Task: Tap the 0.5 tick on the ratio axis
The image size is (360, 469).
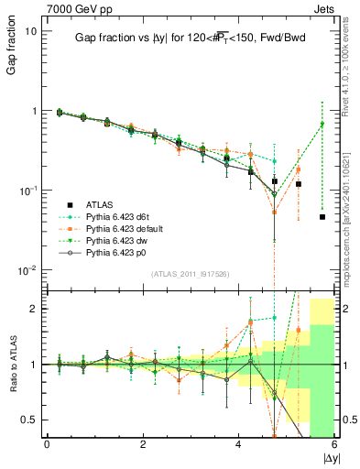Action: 29,420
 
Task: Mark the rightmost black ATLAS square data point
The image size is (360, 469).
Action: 322,217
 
